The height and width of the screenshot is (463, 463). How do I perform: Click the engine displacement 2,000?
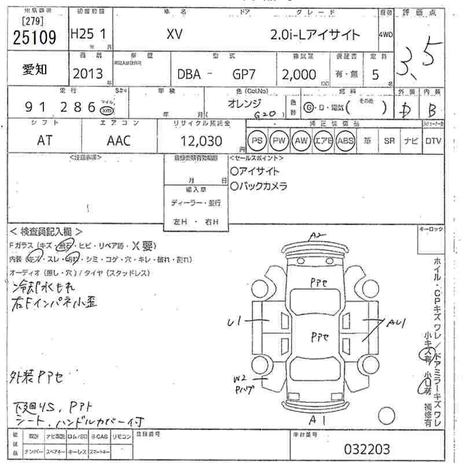(299, 74)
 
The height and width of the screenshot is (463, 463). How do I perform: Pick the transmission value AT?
(44, 141)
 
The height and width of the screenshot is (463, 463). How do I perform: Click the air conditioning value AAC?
(119, 141)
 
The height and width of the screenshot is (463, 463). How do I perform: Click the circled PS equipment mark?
(257, 141)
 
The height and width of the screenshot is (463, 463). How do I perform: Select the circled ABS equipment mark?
(346, 141)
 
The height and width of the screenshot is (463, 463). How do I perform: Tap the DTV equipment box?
(433, 141)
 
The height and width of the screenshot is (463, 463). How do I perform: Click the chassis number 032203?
(367, 449)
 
